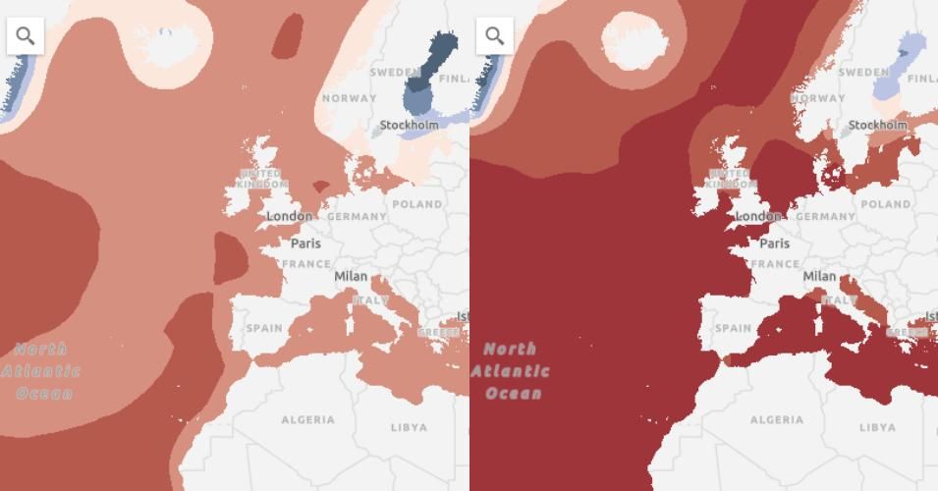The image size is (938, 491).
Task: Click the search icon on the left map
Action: tap(26, 36)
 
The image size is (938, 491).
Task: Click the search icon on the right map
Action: tap(495, 36)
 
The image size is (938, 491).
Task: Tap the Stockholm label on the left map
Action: tap(410, 125)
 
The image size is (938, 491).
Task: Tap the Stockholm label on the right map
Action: tap(878, 125)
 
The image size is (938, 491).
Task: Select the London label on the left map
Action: tap(290, 216)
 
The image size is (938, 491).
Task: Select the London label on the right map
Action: tap(758, 216)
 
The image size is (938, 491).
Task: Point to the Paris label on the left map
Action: tap(305, 243)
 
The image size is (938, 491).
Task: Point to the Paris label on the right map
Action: tap(774, 243)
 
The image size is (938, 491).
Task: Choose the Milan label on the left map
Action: tap(351, 276)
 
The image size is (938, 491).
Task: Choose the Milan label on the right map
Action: tap(819, 276)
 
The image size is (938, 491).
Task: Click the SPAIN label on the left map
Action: tap(264, 328)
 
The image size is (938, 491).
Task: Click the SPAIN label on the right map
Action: tap(733, 328)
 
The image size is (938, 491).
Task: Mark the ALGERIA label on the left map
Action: tap(307, 419)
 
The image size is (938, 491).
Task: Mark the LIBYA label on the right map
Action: tap(877, 427)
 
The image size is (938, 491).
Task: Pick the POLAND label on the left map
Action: tap(417, 204)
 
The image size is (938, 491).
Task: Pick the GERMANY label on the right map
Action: tap(826, 216)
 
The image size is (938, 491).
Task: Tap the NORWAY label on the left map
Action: tap(349, 98)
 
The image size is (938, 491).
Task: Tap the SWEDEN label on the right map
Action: tap(863, 72)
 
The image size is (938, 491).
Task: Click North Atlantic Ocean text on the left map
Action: tap(41, 371)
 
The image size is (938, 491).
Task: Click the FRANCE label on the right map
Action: tap(775, 264)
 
